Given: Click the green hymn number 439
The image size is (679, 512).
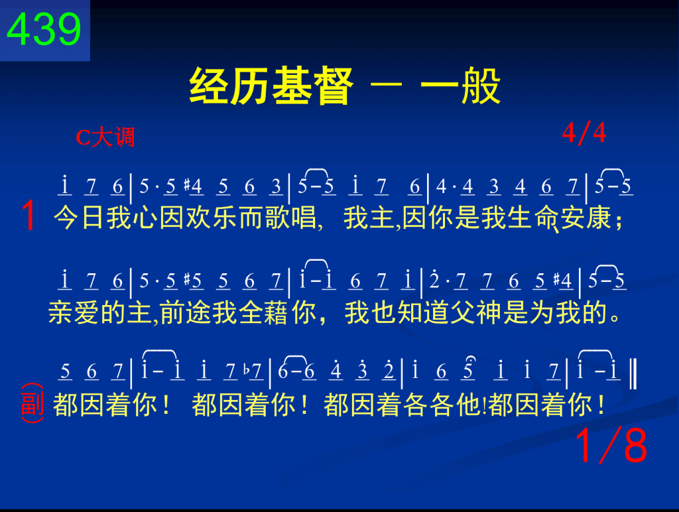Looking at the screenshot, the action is point(44,29).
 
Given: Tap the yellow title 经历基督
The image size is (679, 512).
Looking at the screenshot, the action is point(271,86).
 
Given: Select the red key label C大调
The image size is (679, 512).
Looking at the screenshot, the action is point(105,137).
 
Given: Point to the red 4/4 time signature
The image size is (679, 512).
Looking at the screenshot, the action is point(584,133).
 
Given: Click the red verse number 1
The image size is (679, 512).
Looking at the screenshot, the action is point(29,216).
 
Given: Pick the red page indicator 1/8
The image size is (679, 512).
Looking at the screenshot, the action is point(611,445).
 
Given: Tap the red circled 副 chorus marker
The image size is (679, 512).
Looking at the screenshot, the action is point(32,403).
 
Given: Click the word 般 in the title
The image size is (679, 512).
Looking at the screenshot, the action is point(481,86).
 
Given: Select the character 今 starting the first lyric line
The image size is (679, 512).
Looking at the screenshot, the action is point(66,218).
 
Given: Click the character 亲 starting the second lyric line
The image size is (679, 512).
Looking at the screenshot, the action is point(60,312).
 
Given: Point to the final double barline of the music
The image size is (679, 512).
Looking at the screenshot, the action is point(633,373).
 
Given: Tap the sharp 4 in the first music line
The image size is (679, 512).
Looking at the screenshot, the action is point(193,186).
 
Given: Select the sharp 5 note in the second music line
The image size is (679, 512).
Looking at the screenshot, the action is point(193,281).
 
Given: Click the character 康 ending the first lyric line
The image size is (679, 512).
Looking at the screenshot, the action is point(599,218).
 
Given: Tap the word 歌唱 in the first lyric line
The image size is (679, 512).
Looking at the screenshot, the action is point(291,218).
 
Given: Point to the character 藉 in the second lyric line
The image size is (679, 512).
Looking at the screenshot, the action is point(276,312).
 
